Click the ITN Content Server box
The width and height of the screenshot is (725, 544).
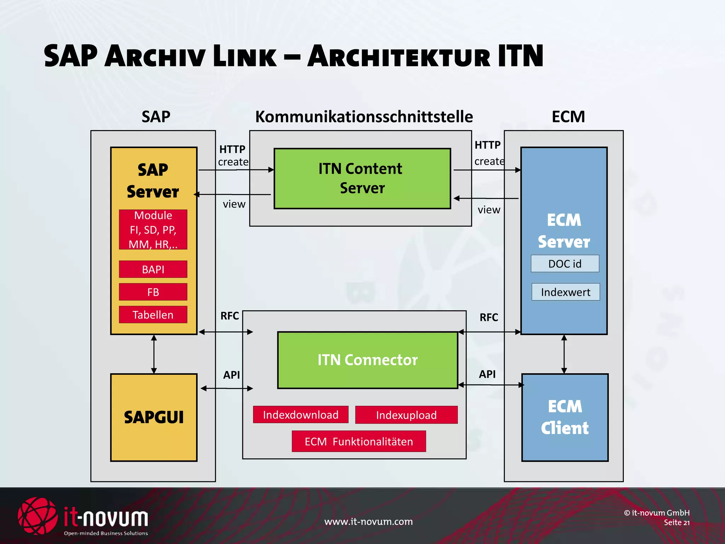tap(362, 178)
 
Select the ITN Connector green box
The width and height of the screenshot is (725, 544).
tap(367, 360)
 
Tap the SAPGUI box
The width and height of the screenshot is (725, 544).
tap(154, 417)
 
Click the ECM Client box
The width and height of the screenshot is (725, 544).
tap(565, 417)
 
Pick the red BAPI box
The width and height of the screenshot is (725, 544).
tap(153, 270)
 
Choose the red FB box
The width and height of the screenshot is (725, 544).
tap(153, 292)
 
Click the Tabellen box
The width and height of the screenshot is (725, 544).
tap(153, 315)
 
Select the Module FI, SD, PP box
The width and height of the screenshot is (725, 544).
tap(153, 229)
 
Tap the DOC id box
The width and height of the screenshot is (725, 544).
tap(565, 264)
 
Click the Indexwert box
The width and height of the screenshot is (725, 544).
tap(565, 292)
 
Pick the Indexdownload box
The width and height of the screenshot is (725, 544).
tap(301, 415)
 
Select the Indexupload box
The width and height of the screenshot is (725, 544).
tap(406, 415)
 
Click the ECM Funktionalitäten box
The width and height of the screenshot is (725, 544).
tap(359, 442)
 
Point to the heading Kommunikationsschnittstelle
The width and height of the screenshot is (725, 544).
tap(364, 117)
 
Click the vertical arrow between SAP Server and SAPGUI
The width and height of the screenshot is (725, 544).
tap(154, 354)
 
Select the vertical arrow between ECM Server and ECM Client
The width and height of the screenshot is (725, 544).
tap(564, 354)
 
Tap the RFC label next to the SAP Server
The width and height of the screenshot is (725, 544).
tap(230, 316)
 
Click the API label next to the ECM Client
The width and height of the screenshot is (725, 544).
tap(487, 374)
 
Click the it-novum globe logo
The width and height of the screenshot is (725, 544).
tap(37, 516)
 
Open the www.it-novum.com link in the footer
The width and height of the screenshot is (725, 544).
tap(368, 522)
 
